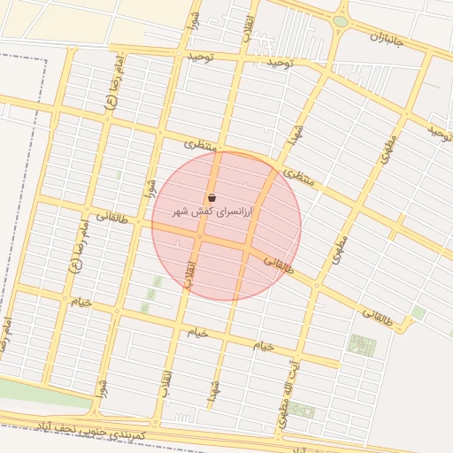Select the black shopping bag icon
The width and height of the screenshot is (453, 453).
211,197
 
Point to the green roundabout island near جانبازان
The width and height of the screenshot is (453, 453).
341,21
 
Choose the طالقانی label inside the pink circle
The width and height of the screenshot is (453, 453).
280,264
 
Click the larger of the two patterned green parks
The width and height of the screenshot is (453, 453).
361,345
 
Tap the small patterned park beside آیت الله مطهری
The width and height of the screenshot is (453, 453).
303,411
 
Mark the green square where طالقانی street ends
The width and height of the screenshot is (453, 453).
418,313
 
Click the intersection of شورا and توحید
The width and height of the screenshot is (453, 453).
183,55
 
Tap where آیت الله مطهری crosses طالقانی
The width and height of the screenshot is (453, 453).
316,284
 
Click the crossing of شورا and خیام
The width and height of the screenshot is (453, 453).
115,311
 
